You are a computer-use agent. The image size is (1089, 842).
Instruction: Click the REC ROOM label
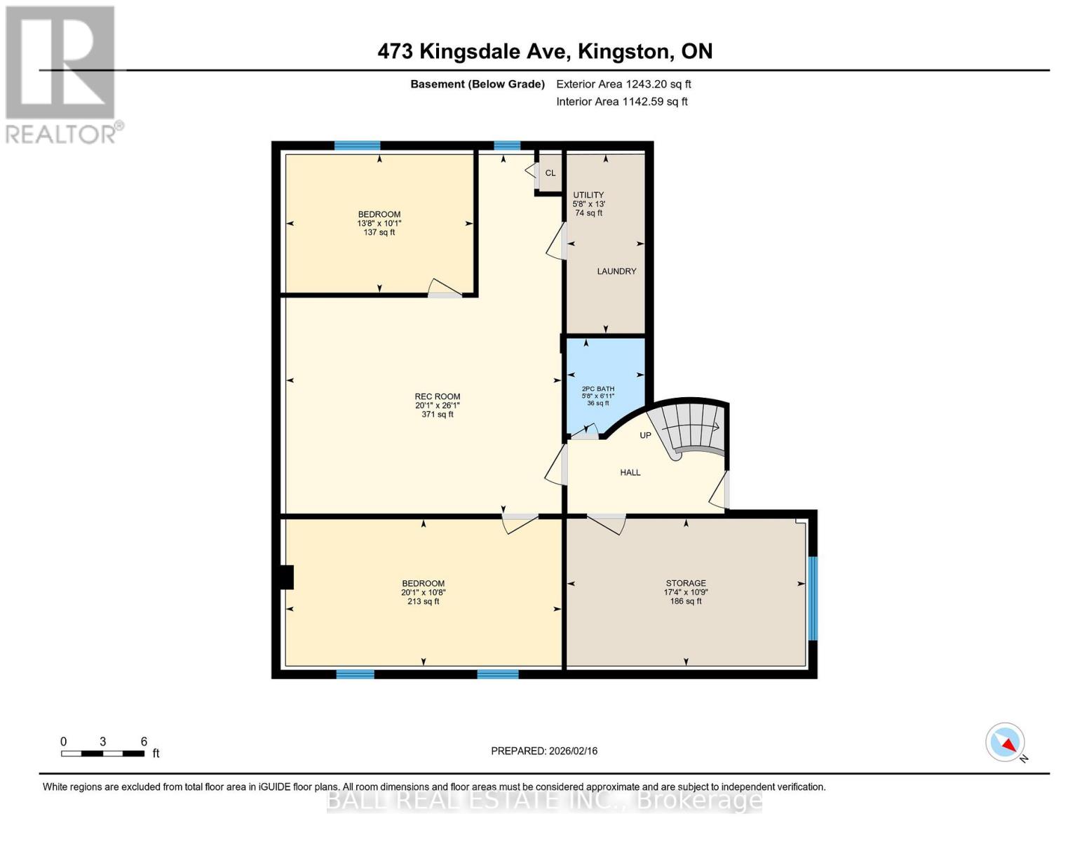437,396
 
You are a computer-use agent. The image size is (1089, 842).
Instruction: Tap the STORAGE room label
685,583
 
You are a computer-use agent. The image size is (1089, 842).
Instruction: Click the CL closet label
550,173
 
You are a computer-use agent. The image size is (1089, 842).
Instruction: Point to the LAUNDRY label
616,272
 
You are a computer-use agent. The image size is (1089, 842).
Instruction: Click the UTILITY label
588,195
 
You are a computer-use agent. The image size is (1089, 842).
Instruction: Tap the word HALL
630,473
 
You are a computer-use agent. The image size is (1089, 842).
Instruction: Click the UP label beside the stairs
645,436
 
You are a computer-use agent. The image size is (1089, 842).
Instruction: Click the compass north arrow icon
1006,742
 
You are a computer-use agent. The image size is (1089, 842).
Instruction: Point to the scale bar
103,754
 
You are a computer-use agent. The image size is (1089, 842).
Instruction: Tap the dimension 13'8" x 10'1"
379,224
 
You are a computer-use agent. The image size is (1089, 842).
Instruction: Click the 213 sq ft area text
423,601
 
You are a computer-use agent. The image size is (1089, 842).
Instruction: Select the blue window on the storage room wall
813,599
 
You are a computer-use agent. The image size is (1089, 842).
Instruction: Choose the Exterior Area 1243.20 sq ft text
623,84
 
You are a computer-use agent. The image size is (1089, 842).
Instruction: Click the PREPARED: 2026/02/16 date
544,751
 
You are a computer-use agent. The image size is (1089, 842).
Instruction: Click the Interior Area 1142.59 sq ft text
622,102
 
